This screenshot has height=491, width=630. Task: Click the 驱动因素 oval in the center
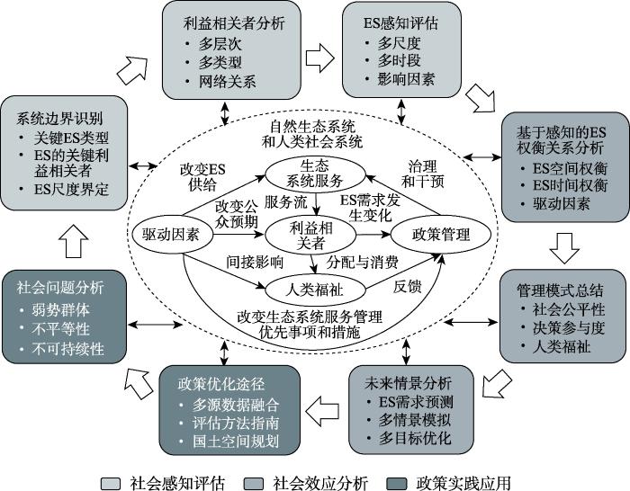pos(172,235)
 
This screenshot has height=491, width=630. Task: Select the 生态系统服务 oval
pos(315,174)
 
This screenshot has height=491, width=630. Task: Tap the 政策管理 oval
pos(441,235)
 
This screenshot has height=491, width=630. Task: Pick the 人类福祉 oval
pos(315,289)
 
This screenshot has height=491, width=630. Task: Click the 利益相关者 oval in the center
pos(310,236)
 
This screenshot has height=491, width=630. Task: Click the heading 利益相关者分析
pos(234,22)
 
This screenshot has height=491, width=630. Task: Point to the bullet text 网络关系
pos(227,82)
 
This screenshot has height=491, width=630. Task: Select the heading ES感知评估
pos(400,22)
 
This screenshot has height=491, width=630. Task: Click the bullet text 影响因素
pos(406,79)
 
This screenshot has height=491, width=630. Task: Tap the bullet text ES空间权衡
pos(570,168)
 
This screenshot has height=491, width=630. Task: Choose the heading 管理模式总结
pos(560,290)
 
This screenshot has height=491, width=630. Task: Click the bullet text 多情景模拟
pos(415,420)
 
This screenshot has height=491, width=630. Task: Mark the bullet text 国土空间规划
pos(236,442)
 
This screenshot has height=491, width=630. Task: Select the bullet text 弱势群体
pos(60,309)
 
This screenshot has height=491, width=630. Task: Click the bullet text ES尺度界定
pos(71,189)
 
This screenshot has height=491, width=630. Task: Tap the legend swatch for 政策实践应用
pos(396,484)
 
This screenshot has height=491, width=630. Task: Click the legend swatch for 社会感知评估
pos(111,484)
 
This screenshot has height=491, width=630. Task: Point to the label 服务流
pos(285,202)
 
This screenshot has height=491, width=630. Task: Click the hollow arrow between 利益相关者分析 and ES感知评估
pos(319,58)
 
